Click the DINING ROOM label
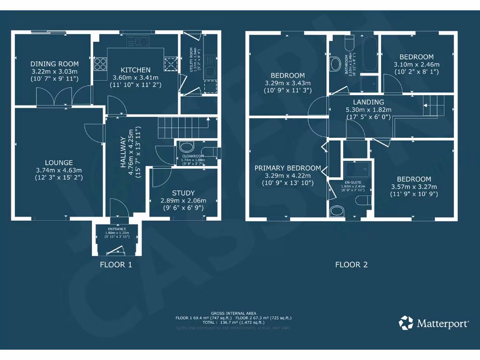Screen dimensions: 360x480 pyautogui.click(x=54, y=64)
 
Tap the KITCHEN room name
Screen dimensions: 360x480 pyautogui.click(x=135, y=70)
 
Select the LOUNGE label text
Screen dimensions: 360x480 pyautogui.click(x=59, y=163)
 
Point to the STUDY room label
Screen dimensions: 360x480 pyautogui.click(x=183, y=193)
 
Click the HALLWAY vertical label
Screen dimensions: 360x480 pyautogui.click(x=123, y=152)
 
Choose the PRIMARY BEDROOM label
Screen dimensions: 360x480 pyautogui.click(x=287, y=168)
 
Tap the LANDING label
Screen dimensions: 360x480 pyautogui.click(x=368, y=102)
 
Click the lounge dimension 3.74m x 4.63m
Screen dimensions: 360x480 pyautogui.click(x=59, y=170)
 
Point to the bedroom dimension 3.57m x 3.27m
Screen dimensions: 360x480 pyautogui.click(x=414, y=187)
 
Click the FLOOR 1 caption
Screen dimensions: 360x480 pyautogui.click(x=116, y=264)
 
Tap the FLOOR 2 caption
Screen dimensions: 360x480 pyautogui.click(x=351, y=264)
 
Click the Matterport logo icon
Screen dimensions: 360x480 pyautogui.click(x=406, y=323)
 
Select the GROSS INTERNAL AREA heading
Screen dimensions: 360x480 pyautogui.click(x=233, y=313)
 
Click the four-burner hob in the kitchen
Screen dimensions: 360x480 pyautogui.click(x=100, y=63)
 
